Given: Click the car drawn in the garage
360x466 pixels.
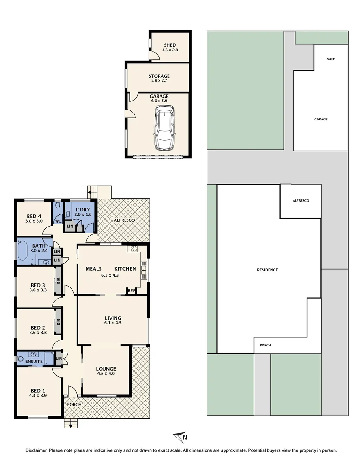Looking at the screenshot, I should [x=164, y=129].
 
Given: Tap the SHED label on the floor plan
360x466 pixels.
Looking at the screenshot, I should [x=170, y=45].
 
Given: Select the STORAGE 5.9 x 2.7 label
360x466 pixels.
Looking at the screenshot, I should [x=159, y=78].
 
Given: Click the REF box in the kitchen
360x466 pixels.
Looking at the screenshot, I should [x=131, y=291].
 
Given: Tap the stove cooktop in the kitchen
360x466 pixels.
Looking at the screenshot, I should [x=134, y=249].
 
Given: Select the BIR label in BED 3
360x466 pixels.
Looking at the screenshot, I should [x=58, y=285].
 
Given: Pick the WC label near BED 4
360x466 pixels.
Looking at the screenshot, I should [x=57, y=222].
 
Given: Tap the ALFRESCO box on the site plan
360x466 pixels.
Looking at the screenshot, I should [x=301, y=201].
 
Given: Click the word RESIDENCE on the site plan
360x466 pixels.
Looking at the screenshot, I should [x=267, y=270].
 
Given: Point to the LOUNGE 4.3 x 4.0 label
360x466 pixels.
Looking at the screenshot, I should [x=106, y=371].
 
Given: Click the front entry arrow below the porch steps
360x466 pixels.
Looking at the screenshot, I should [x=70, y=425].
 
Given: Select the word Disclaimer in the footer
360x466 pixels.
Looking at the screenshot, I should [x=36, y=450].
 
